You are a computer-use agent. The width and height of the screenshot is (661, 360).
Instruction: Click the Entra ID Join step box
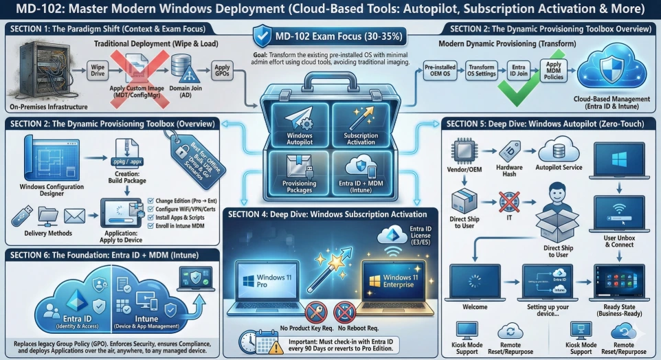518,72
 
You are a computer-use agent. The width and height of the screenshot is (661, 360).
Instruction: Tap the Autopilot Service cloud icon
557,149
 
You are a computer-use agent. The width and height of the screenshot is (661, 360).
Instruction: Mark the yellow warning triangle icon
276,347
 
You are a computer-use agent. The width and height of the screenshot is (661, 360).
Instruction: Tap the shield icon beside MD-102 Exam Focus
262,35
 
